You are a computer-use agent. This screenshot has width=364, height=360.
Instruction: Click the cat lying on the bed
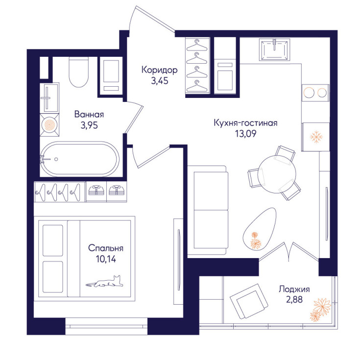click(105, 282)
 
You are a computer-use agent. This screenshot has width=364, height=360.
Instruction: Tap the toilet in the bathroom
click(79, 72)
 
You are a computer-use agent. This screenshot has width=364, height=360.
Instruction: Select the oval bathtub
click(80, 159)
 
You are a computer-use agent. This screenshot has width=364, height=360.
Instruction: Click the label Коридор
click(160, 70)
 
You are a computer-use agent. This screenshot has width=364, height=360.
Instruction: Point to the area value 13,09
click(245, 134)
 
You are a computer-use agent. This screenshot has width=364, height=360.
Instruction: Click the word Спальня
click(106, 248)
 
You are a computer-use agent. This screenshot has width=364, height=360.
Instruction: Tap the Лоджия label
click(294, 289)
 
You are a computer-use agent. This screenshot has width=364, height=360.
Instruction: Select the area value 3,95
click(89, 125)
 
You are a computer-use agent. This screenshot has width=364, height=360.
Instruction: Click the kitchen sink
click(275, 49)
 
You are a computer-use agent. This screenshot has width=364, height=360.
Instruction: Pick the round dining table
click(277, 174)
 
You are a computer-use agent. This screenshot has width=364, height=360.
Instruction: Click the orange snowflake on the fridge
click(316, 137)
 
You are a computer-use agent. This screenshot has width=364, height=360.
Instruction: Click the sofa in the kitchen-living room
click(207, 210)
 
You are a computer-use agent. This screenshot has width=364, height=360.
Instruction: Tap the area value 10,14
click(106, 259)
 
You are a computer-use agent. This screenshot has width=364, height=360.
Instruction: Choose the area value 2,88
click(294, 300)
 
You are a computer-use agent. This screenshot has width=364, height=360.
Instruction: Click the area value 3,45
click(160, 81)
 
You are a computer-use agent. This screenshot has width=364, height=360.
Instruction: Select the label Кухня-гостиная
click(245, 123)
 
